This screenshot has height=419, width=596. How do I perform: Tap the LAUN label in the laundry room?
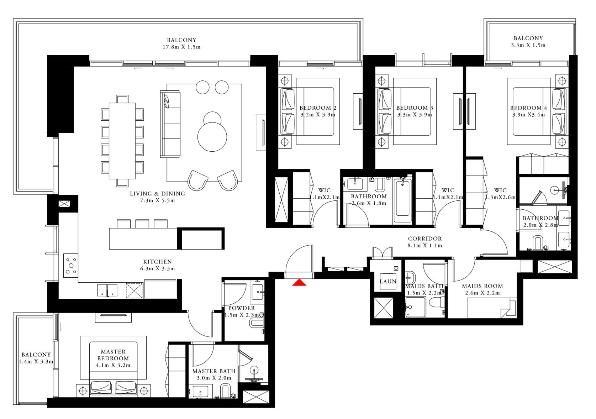[388, 281]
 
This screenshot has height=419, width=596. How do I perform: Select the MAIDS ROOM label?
[482, 286]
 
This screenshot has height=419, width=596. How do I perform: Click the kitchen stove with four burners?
[71, 266]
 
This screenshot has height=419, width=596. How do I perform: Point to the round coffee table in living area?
[212, 137]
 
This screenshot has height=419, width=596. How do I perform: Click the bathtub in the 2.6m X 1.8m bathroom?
[402, 198]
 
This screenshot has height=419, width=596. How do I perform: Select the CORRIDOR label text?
[425, 239]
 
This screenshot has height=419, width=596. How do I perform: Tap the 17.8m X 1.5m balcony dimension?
[181, 47]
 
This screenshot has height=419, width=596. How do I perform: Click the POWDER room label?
[242, 308]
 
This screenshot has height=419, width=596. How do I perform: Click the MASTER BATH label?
[214, 371]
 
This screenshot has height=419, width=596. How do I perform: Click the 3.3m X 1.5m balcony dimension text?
[528, 45]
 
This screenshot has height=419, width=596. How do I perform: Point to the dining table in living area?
[122, 141]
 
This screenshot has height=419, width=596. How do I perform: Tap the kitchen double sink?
[107, 290]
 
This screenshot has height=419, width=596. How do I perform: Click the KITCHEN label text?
[157, 262]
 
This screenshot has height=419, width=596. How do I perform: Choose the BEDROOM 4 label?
[528, 108]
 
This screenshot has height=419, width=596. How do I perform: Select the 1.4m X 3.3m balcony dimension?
[36, 362]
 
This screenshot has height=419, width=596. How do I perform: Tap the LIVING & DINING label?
[157, 194]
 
